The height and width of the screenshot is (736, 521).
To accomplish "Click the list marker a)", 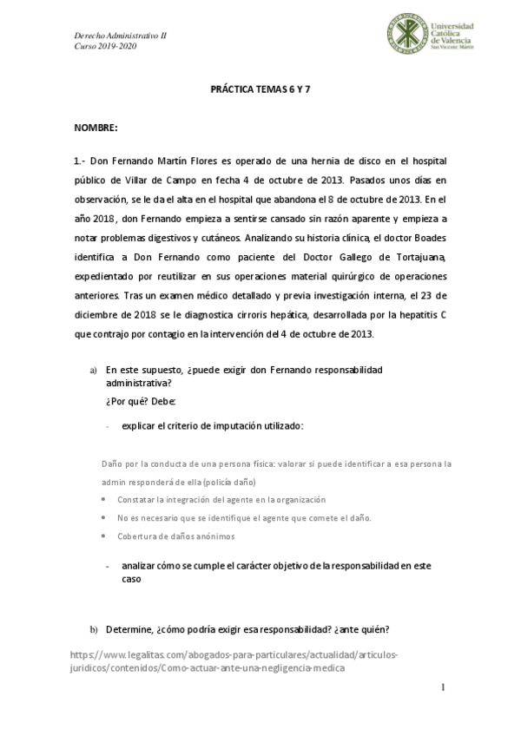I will point(94,371).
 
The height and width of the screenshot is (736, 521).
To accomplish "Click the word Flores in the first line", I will point(207,160).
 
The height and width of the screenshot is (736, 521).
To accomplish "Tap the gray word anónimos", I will point(212,536).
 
